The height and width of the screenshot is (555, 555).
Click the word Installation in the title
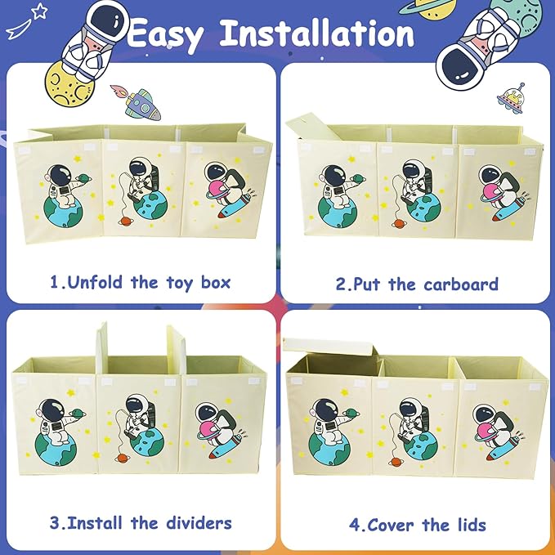coord(317,33)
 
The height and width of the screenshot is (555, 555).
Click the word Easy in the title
coord(166,35)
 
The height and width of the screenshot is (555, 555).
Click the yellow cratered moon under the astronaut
coord(69,84)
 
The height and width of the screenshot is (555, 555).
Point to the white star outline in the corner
coord(39,11)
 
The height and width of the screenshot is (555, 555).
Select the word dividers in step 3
coord(199,523)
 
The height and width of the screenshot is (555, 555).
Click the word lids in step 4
coord(472,525)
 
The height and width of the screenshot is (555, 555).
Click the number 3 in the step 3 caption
coord(55,523)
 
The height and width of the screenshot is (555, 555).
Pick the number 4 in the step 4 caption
coord(355,525)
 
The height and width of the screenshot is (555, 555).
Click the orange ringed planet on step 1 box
coord(125,221)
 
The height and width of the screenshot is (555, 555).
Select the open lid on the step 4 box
coord(329,347)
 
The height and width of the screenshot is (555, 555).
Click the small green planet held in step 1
coord(83,177)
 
